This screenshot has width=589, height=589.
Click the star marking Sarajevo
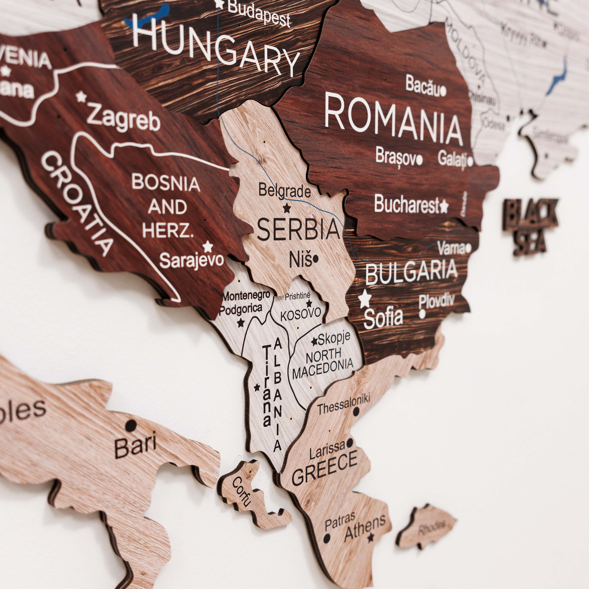click(208, 246)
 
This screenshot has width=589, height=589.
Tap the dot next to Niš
click(316, 259)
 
